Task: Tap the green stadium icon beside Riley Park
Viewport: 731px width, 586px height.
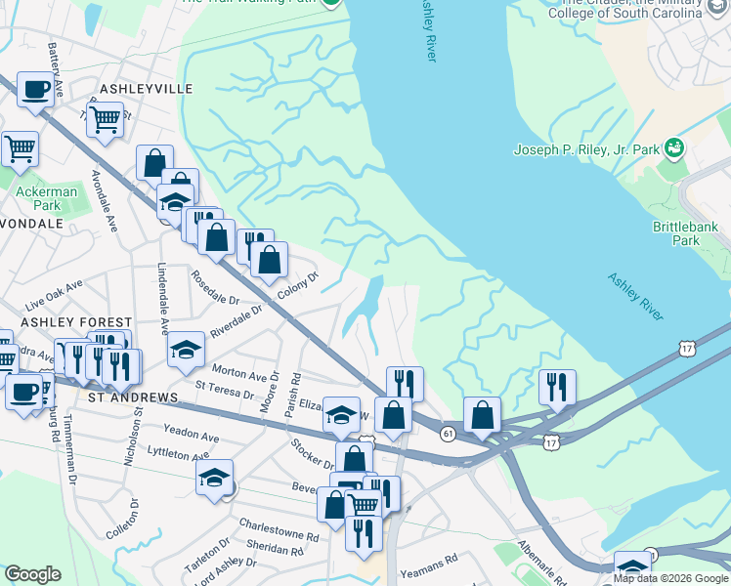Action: coord(673,148)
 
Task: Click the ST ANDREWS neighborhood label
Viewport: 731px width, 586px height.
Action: coord(132,398)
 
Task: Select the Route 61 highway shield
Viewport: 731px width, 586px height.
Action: coord(449,433)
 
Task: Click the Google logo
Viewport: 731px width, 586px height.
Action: coord(32,574)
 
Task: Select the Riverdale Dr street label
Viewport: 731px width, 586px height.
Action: coord(236,321)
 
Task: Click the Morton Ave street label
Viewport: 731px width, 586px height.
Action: coord(240,373)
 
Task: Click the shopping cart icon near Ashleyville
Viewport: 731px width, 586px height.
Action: coord(105,119)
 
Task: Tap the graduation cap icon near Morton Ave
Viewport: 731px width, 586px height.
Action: coord(186,352)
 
